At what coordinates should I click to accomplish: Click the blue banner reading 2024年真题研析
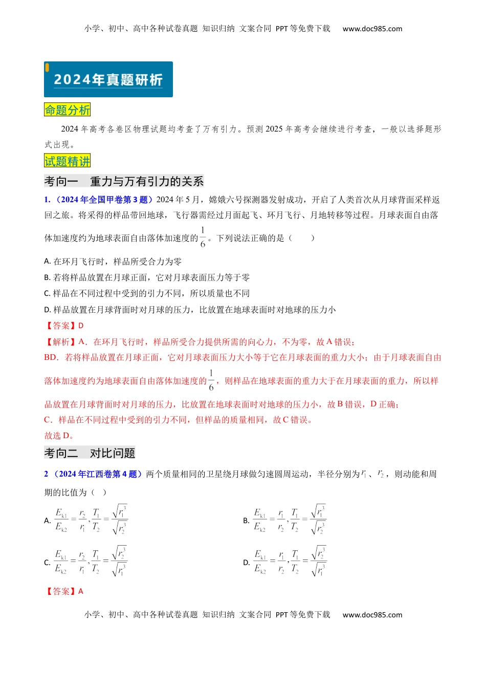[x=108, y=79]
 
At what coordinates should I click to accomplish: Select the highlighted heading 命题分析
[x=67, y=110]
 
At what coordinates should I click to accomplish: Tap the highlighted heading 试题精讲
[x=67, y=161]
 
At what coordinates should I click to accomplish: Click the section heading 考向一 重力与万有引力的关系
[x=124, y=181]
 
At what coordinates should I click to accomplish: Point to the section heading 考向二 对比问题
[x=90, y=453]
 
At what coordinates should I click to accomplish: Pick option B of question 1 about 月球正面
[x=147, y=277]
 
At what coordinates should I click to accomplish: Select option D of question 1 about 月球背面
[x=190, y=310]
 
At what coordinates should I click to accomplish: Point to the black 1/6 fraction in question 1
[x=203, y=238]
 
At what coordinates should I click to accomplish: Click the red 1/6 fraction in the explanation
[x=211, y=380]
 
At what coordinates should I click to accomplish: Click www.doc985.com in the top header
[x=372, y=29]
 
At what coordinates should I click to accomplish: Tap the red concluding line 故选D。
[x=59, y=436]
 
